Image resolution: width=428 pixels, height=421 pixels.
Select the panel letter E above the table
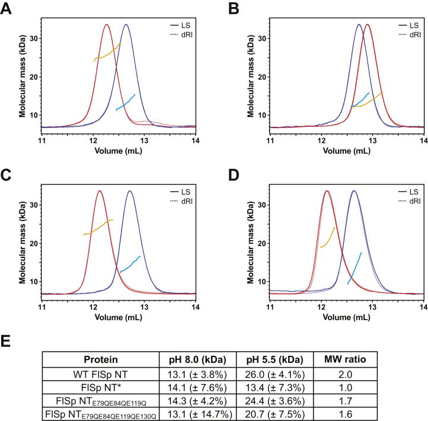click(7, 343)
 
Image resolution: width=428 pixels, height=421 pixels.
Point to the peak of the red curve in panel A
click(107, 25)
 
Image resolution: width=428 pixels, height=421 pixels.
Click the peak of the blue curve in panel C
click(130, 191)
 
